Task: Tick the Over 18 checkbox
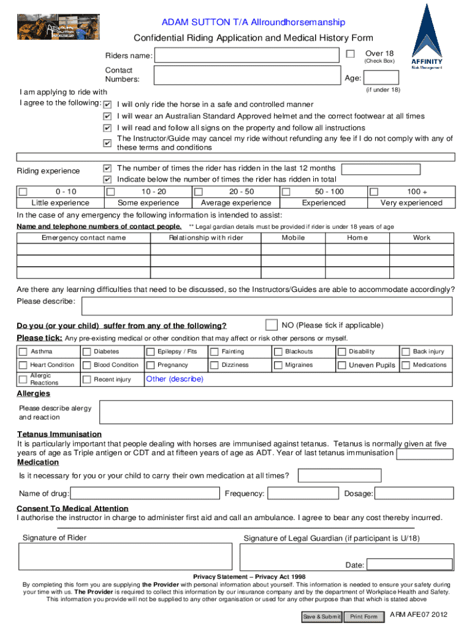pyautogui.click(x=350, y=55)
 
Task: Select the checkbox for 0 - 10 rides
pyautogui.click(x=23, y=192)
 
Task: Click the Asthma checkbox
pyautogui.click(x=23, y=352)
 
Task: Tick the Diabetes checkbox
pyautogui.click(x=87, y=352)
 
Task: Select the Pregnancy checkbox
pyautogui.click(x=151, y=366)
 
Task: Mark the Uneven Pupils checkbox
pyautogui.click(x=342, y=366)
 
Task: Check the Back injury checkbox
pyautogui.click(x=406, y=352)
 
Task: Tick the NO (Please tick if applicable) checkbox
pyautogui.click(x=270, y=324)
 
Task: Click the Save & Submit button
pyautogui.click(x=321, y=616)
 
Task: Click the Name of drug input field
pyautogui.click(x=145, y=494)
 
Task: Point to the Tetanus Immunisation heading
pyautogui.click(x=59, y=434)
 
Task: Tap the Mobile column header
pyautogui.click(x=293, y=238)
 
